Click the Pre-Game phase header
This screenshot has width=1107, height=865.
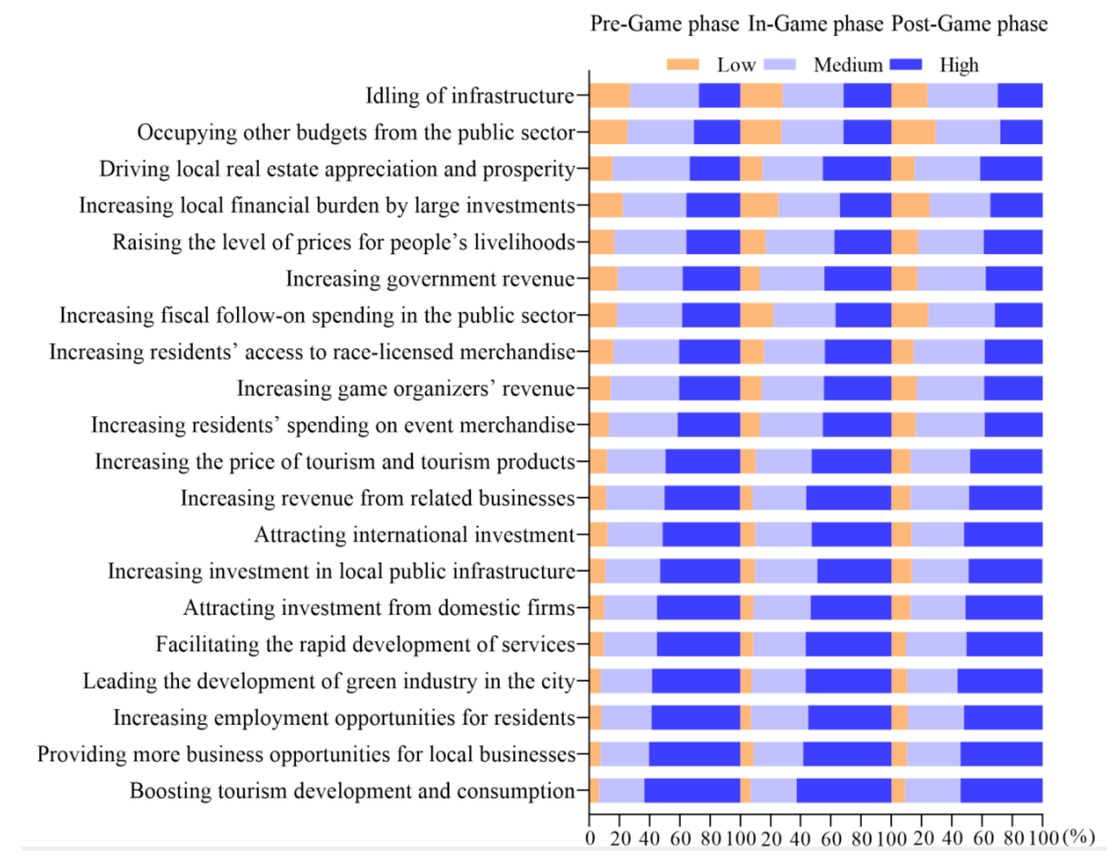664,24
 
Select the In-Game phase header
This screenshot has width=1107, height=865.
816,24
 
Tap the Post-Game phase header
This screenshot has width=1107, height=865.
969,24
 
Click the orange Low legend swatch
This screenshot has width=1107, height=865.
683,64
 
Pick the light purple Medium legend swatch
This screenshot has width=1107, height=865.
780,64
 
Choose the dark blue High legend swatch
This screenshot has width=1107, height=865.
906,64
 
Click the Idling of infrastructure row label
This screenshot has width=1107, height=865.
470,96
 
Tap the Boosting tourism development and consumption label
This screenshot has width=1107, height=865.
352,791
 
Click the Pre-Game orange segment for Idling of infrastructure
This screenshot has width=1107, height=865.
610,95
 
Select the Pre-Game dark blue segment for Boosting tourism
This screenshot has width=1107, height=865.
692,791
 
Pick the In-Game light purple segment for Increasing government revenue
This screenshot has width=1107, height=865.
792,278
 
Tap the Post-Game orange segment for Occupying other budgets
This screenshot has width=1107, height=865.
913,132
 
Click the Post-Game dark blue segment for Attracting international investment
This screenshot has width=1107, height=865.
1003,534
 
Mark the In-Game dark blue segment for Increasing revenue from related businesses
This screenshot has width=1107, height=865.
849,498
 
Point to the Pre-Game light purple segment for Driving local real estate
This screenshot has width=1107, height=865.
651,168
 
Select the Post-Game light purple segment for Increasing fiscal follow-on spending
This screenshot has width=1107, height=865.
961,315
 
